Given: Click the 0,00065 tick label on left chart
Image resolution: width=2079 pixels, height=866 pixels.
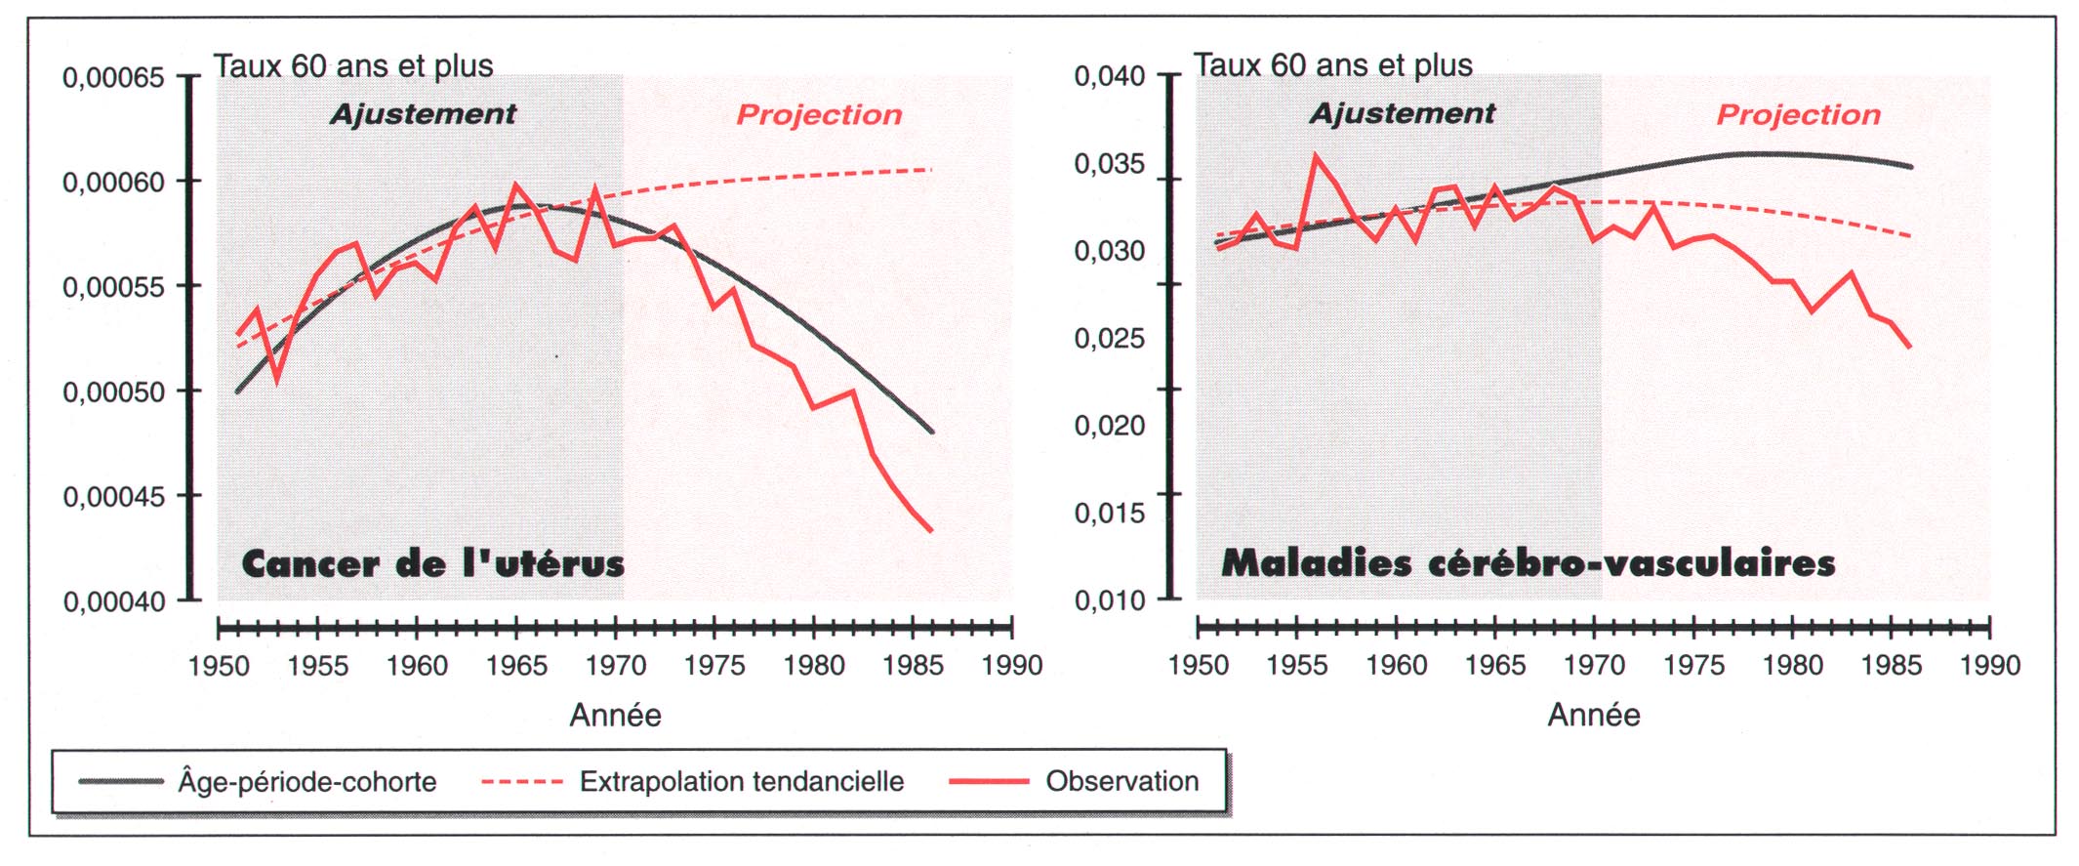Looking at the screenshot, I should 113,77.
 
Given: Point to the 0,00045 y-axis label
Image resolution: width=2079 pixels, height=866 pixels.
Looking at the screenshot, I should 113,497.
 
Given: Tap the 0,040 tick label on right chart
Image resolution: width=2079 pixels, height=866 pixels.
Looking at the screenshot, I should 1110,76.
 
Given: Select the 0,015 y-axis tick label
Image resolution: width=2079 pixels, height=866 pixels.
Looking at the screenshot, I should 1110,514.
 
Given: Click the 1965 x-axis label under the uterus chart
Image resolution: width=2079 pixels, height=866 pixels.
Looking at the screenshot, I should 516,666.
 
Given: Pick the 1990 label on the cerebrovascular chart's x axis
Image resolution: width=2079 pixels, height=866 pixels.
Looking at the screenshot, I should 1990,666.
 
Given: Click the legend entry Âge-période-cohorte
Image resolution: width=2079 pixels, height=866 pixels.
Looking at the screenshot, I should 306,782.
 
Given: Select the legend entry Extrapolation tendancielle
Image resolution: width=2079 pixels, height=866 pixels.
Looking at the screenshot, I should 741,782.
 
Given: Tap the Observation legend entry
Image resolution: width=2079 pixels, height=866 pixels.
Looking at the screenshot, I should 1121,781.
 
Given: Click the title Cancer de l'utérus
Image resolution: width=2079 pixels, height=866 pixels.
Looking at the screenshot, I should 432,564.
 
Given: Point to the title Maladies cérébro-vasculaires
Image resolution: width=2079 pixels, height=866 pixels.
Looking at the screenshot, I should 1528,563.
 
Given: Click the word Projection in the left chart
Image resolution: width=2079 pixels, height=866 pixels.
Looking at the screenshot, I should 819,115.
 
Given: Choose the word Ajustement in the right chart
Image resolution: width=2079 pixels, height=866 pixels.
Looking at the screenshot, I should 1402,114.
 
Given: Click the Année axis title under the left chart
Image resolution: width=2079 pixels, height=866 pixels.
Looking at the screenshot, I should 615,716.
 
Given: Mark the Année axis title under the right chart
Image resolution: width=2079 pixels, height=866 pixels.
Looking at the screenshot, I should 1594,716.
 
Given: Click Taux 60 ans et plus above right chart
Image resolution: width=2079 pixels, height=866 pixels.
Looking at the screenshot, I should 1332,65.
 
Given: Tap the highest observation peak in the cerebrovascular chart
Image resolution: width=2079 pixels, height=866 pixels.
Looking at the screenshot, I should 1316,155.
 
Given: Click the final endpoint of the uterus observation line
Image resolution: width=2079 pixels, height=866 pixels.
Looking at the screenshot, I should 932,531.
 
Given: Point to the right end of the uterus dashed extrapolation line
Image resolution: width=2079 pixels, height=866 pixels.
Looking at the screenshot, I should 931,170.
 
